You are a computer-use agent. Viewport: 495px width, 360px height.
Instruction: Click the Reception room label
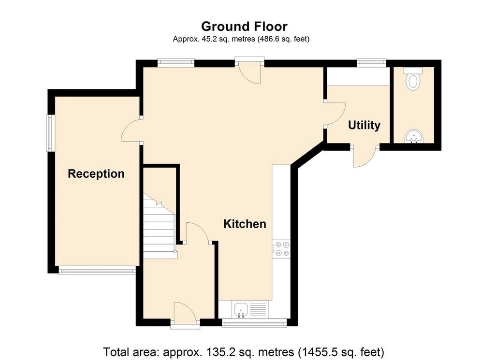(96, 174)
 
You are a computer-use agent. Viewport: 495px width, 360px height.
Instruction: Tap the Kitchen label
(245, 224)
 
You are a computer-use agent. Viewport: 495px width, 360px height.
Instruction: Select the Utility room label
(364, 125)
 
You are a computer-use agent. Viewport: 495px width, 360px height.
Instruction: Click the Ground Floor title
(244, 27)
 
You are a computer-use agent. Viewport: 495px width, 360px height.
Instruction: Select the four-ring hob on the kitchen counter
(281, 249)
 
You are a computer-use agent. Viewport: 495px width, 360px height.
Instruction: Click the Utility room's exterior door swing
(364, 156)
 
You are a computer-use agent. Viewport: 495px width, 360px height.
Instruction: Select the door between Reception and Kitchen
(131, 130)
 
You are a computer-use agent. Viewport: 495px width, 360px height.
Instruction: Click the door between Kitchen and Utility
(335, 114)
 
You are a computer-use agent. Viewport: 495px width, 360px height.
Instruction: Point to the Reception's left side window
(50, 133)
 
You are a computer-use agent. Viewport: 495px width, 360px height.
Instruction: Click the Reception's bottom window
(97, 270)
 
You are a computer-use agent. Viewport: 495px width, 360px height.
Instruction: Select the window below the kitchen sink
(254, 322)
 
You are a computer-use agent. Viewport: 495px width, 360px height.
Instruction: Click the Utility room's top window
(372, 63)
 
